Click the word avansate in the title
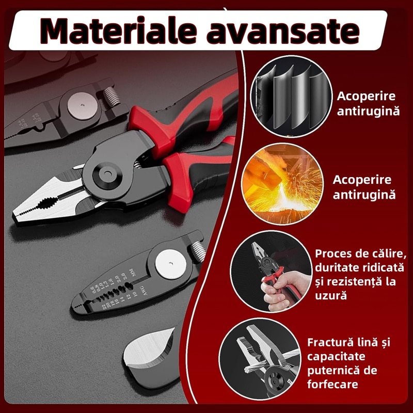[x=290, y=30]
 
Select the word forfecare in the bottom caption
[x=333, y=384]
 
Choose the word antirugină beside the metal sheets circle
[x=368, y=110]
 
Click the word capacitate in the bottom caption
[x=336, y=357]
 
